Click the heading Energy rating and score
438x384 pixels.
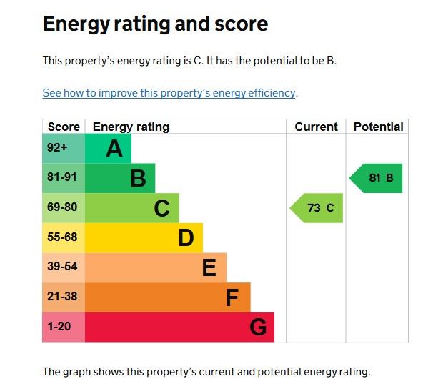[155, 24]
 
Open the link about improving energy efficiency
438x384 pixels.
[169, 93]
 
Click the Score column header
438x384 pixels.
[64, 127]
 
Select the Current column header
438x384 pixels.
[316, 127]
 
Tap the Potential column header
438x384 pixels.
[378, 127]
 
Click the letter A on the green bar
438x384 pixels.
[114, 149]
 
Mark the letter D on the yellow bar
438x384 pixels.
[186, 238]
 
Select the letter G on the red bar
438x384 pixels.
[258, 328]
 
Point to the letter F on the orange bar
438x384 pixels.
[232, 297]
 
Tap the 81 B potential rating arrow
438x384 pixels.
[377, 178]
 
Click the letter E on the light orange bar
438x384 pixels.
[209, 268]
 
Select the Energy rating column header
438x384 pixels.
[131, 127]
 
